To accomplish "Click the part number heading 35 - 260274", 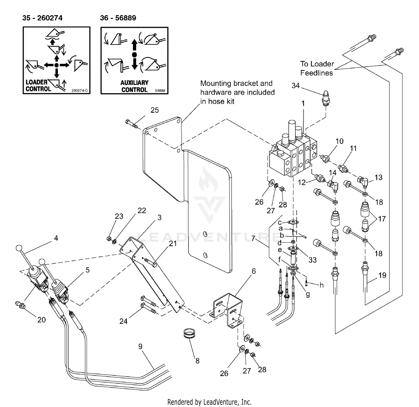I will pyautogui.click(x=42, y=18).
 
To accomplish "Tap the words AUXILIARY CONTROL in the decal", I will pyautogui.click(x=134, y=86).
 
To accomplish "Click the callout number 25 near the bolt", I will pyautogui.click(x=154, y=110).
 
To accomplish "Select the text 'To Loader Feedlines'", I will pyautogui.click(x=317, y=68).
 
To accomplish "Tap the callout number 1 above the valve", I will pyautogui.click(x=303, y=104).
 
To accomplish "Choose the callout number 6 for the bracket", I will pyautogui.click(x=254, y=271).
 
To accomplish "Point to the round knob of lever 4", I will pyautogui.click(x=19, y=248).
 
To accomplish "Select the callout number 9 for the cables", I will pyautogui.click(x=140, y=346).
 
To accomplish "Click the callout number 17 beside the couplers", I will pyautogui.click(x=382, y=219).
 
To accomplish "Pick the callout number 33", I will pyautogui.click(x=312, y=260).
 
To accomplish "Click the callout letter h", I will pyautogui.click(x=322, y=285).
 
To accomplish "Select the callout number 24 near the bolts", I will pyautogui.click(x=123, y=321).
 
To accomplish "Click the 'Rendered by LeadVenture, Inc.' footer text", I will pyautogui.click(x=209, y=402).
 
